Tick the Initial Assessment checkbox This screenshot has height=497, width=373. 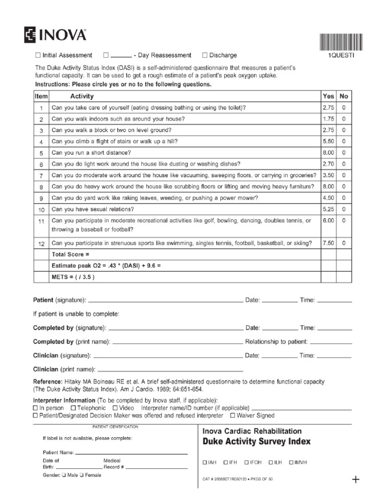pos(38,55)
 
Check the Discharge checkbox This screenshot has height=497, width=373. pos(204,55)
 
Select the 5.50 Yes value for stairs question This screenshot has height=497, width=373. pos(328,141)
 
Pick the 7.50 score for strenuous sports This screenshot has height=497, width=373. pos(328,243)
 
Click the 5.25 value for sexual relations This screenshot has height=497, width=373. pos(328,209)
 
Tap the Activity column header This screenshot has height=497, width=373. pos(82,96)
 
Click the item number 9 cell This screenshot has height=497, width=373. pos(42,198)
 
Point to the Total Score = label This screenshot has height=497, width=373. pos(70,254)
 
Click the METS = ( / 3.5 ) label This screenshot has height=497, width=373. pos(73,277)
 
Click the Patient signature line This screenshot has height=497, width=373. pos(165,301)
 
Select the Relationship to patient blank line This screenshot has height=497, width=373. pos(331,342)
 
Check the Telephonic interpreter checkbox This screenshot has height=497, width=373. pos(73,408)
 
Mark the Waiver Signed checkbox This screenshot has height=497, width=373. pos(233,415)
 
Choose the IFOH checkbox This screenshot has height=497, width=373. pos(247,463)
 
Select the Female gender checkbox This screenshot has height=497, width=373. pos(82,475)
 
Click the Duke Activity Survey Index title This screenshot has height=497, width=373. pos(256,442)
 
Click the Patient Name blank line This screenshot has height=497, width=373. pos(131,453)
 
